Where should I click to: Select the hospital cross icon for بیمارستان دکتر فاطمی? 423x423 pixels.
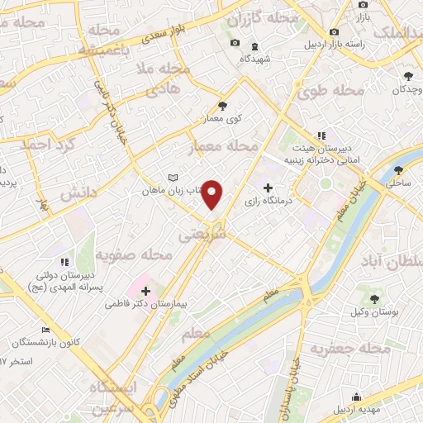click(146, 291)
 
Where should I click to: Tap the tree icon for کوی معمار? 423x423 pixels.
click(222, 105)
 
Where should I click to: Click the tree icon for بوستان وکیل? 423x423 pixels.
click(376, 297)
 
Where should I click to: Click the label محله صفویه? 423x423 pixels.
click(134, 255)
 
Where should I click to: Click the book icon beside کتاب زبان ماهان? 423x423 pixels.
click(173, 178)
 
